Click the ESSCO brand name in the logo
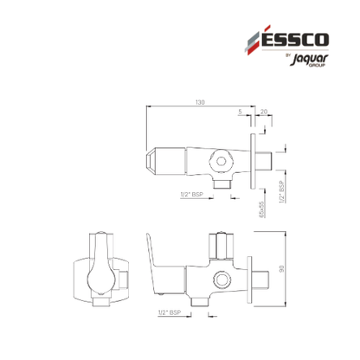pyautogui.click(x=295, y=39)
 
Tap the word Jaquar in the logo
pyautogui.click(x=309, y=59)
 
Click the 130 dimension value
pyautogui.click(x=200, y=102)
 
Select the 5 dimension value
pyautogui.click(x=241, y=112)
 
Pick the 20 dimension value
pyautogui.click(x=264, y=112)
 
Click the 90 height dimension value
pyautogui.click(x=282, y=268)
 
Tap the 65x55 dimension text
pyautogui.click(x=261, y=209)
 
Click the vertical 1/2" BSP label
pyautogui.click(x=282, y=191)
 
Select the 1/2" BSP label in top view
pyautogui.click(x=192, y=195)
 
